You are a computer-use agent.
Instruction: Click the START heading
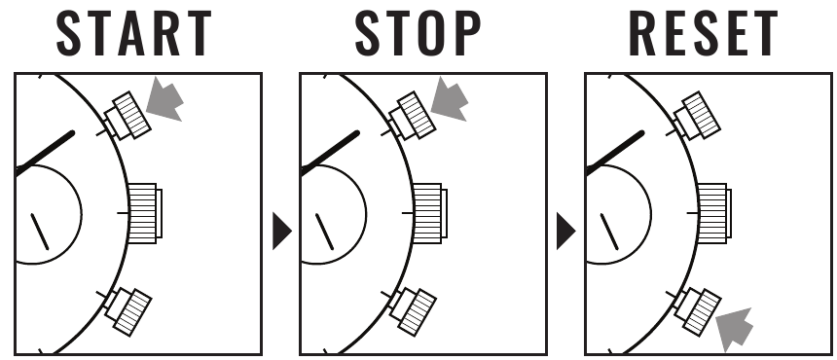tap(134, 34)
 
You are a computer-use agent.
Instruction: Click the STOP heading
tap(418, 34)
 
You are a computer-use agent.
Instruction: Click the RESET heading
tap(703, 34)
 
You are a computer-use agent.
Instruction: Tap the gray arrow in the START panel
tap(164, 100)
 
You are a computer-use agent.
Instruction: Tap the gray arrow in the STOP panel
tap(450, 100)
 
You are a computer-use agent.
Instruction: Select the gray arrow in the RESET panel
tap(735, 329)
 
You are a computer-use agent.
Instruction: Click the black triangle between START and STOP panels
tap(282, 231)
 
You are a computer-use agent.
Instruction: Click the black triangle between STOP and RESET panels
tap(565, 231)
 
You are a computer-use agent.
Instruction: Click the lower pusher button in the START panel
tap(128, 311)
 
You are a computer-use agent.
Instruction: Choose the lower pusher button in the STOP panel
tap(413, 311)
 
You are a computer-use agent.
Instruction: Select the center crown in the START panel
tap(145, 213)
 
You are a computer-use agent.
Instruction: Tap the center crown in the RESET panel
tap(714, 213)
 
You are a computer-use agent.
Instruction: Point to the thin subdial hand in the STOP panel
tap(324, 232)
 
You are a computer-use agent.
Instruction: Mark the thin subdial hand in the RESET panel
tap(609, 232)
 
